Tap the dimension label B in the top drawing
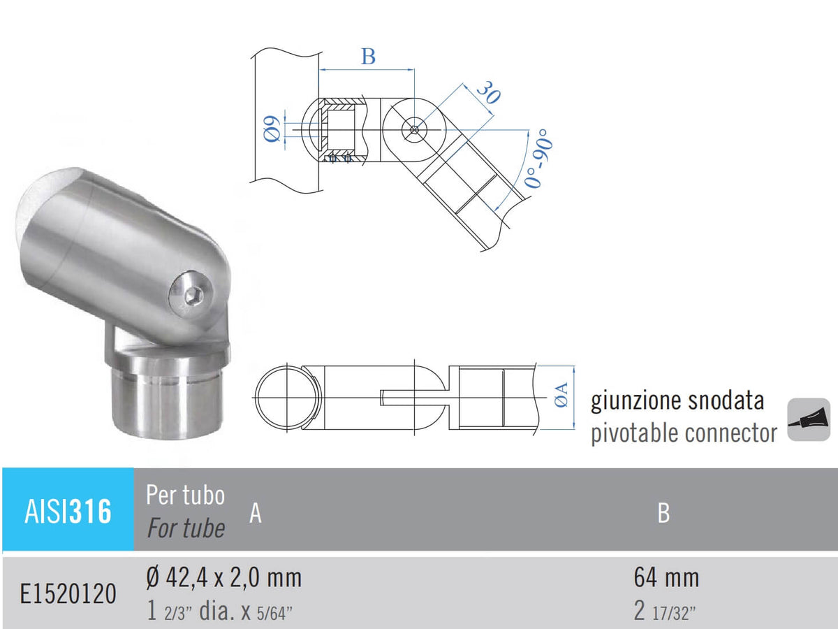[368, 57]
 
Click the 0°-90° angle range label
[539, 160]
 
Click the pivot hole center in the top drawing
[416, 129]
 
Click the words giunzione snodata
[677, 400]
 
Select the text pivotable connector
[684, 433]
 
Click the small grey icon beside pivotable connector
[809, 420]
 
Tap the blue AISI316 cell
[68, 511]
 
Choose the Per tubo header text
[186, 495]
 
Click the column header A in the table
[256, 514]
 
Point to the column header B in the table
[663, 513]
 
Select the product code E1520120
[68, 594]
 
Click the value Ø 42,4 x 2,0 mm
[224, 578]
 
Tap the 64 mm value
[666, 578]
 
